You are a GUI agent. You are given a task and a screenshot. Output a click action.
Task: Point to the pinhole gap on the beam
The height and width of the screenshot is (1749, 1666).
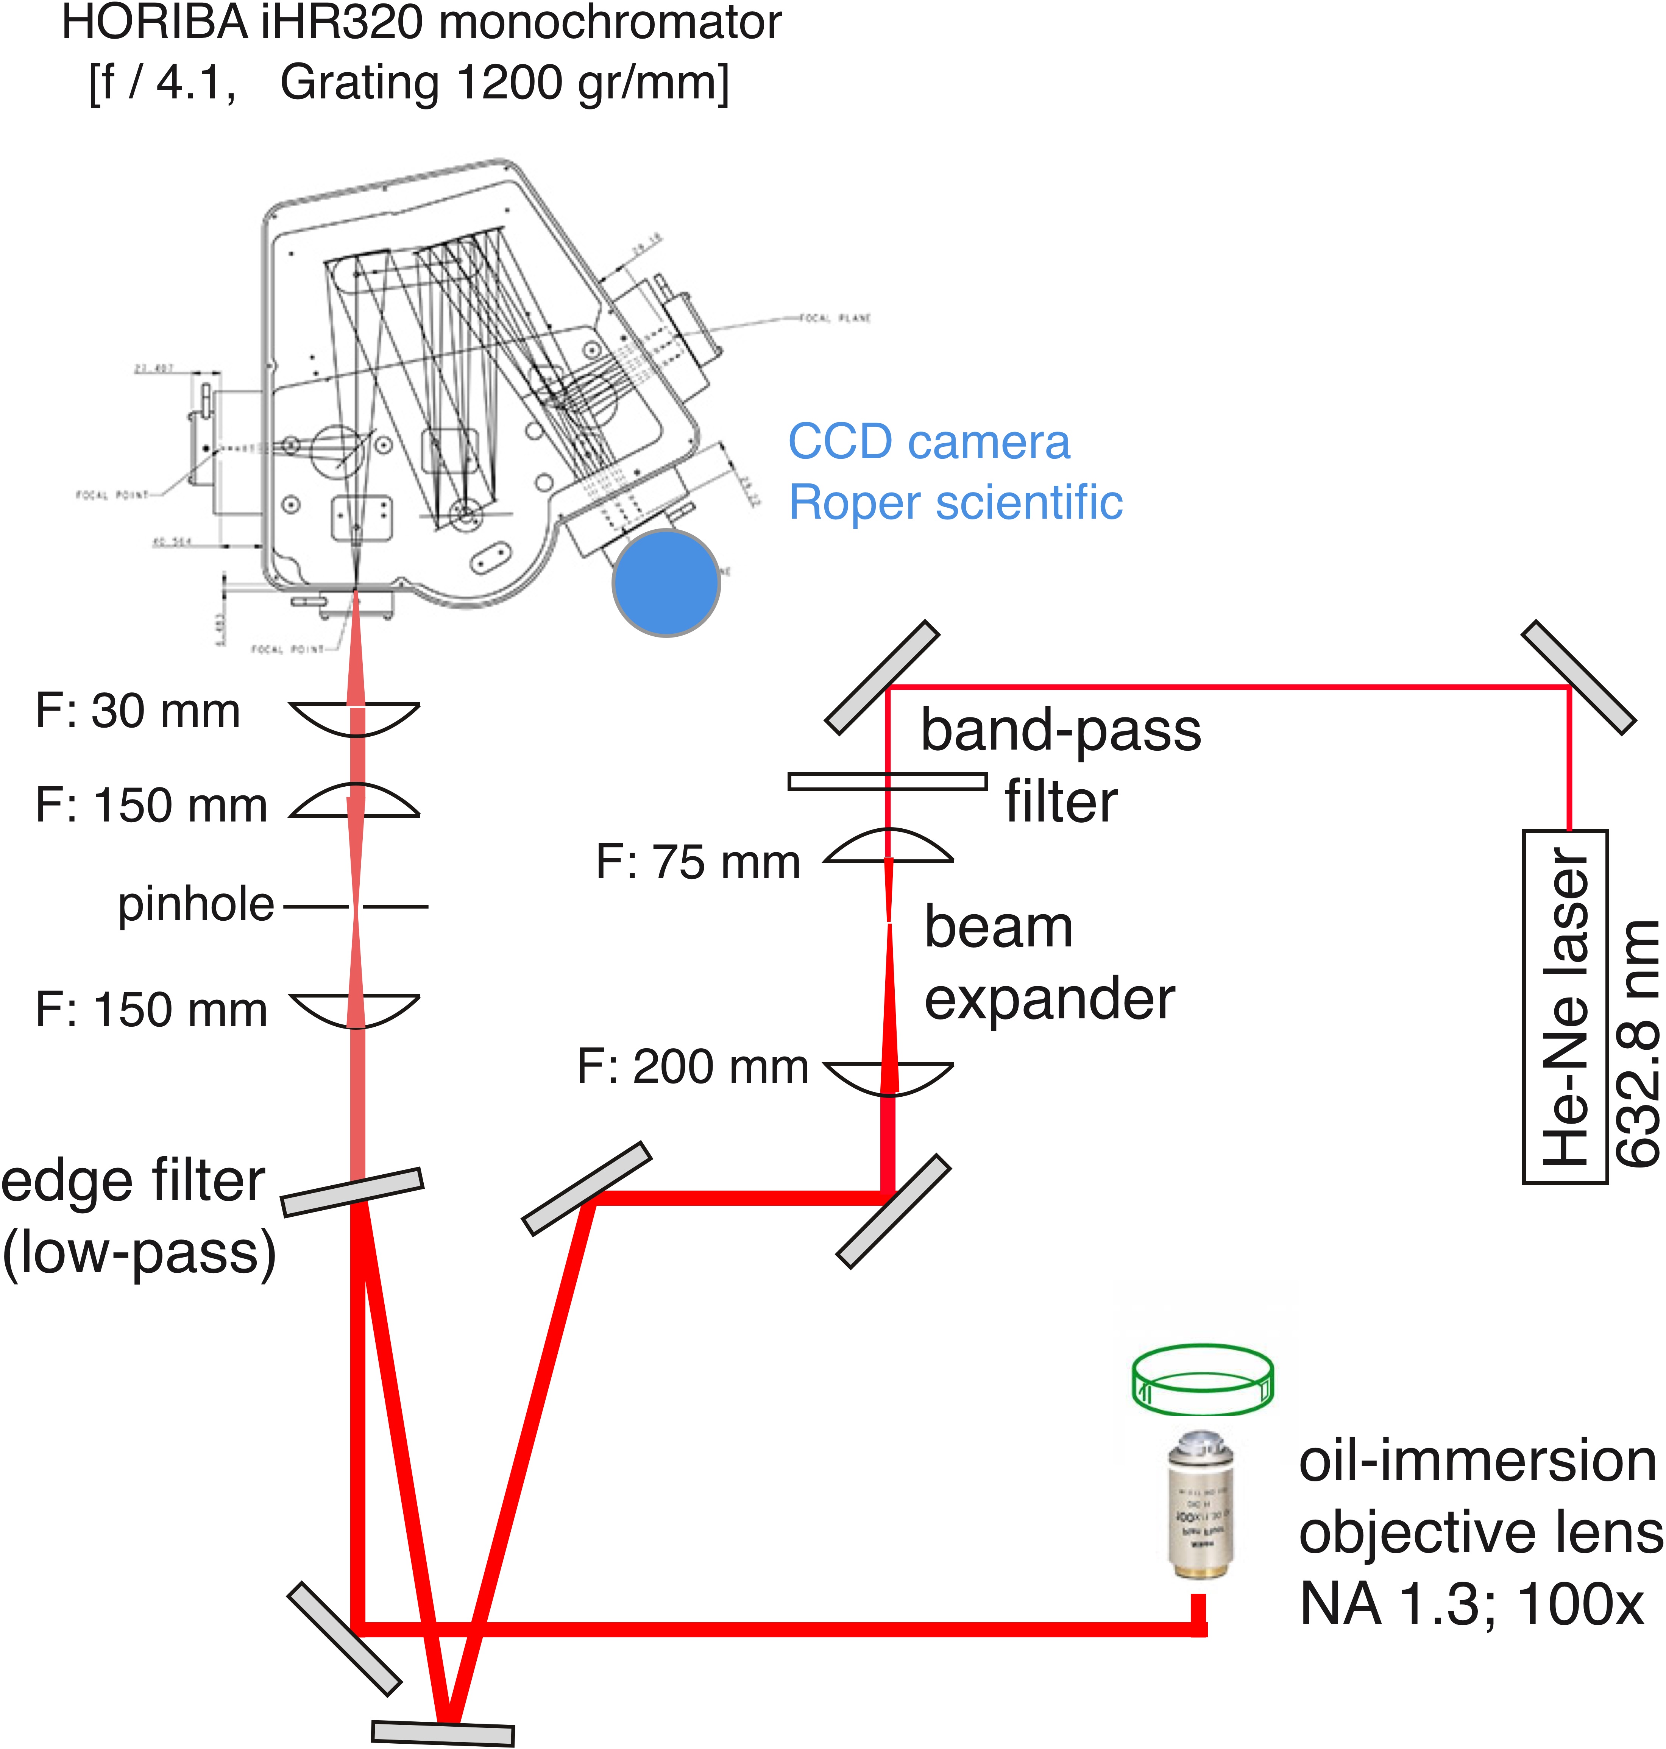355,906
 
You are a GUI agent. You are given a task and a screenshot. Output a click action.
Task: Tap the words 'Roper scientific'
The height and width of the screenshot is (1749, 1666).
956,503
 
